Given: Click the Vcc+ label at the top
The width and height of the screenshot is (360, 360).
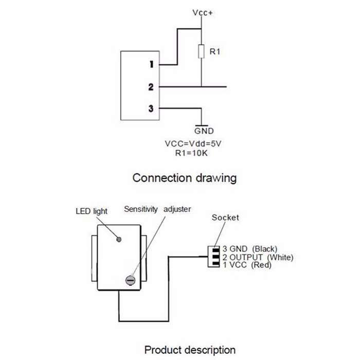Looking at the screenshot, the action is [203, 13].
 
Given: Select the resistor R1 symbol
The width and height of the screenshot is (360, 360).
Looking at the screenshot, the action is [201, 51].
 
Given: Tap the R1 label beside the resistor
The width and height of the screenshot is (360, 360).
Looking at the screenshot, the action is [215, 51].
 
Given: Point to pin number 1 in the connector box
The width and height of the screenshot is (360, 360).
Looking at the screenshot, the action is [151, 64].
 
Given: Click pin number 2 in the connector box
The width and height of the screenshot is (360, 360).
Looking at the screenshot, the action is [151, 87].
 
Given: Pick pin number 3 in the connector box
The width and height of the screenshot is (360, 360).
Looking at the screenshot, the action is [151, 109].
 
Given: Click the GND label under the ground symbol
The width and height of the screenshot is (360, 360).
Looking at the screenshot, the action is [204, 131].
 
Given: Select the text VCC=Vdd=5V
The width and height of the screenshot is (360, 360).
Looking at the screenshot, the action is [193, 143].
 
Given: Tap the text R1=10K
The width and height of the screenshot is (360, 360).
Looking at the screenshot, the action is [191, 153].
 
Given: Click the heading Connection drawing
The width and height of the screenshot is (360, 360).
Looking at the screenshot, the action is [184, 178].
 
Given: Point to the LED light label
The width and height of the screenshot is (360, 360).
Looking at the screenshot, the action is [92, 211].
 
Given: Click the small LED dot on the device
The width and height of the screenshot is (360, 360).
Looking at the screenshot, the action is [119, 240].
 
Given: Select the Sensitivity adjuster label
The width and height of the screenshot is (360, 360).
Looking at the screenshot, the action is [157, 209].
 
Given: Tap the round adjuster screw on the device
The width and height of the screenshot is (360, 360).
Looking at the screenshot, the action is [130, 280].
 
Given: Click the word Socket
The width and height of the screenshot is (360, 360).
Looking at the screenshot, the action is [225, 218].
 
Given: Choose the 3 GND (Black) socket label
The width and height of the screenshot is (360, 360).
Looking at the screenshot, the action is [250, 249].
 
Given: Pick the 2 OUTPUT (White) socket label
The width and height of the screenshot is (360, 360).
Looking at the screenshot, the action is [258, 257].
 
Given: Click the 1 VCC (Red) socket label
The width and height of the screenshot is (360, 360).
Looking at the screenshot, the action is [247, 265].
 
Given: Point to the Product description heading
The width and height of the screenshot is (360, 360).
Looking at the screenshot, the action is [190, 350].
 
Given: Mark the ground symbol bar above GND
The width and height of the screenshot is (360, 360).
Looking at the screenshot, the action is [202, 126].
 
